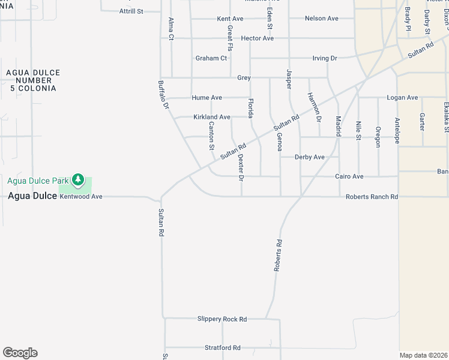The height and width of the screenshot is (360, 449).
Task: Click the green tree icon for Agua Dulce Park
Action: pos(77,179)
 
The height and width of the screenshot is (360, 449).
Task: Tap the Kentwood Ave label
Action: pos(81,196)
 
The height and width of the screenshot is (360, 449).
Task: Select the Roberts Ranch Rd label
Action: pos(372,197)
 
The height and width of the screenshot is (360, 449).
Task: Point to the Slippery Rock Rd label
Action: pos(222,319)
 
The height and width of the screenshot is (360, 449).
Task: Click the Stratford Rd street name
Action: pos(222,347)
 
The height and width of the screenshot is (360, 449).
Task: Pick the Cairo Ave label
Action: pos(349,176)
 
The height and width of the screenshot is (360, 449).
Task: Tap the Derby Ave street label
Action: pos(309,157)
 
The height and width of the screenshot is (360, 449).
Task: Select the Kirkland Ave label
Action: pos(211,117)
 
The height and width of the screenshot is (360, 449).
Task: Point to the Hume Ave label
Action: pos(206,98)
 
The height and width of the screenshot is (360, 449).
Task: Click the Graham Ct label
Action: pos(211,58)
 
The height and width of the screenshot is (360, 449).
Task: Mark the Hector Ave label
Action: pos(257,38)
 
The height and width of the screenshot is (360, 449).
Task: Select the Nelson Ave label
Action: pos(321,19)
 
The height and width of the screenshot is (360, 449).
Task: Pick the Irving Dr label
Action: pos(325,58)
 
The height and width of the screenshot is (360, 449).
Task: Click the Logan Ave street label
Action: pos(402,97)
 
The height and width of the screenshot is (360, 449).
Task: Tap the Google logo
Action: pos(20,353)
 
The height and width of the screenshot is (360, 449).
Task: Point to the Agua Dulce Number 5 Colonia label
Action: pos(33,80)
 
